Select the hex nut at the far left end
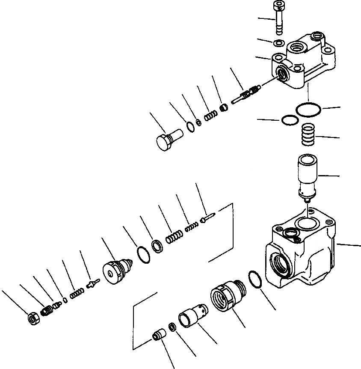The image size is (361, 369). (x=33, y=318)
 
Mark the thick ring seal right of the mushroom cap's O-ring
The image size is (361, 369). (x=157, y=247)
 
